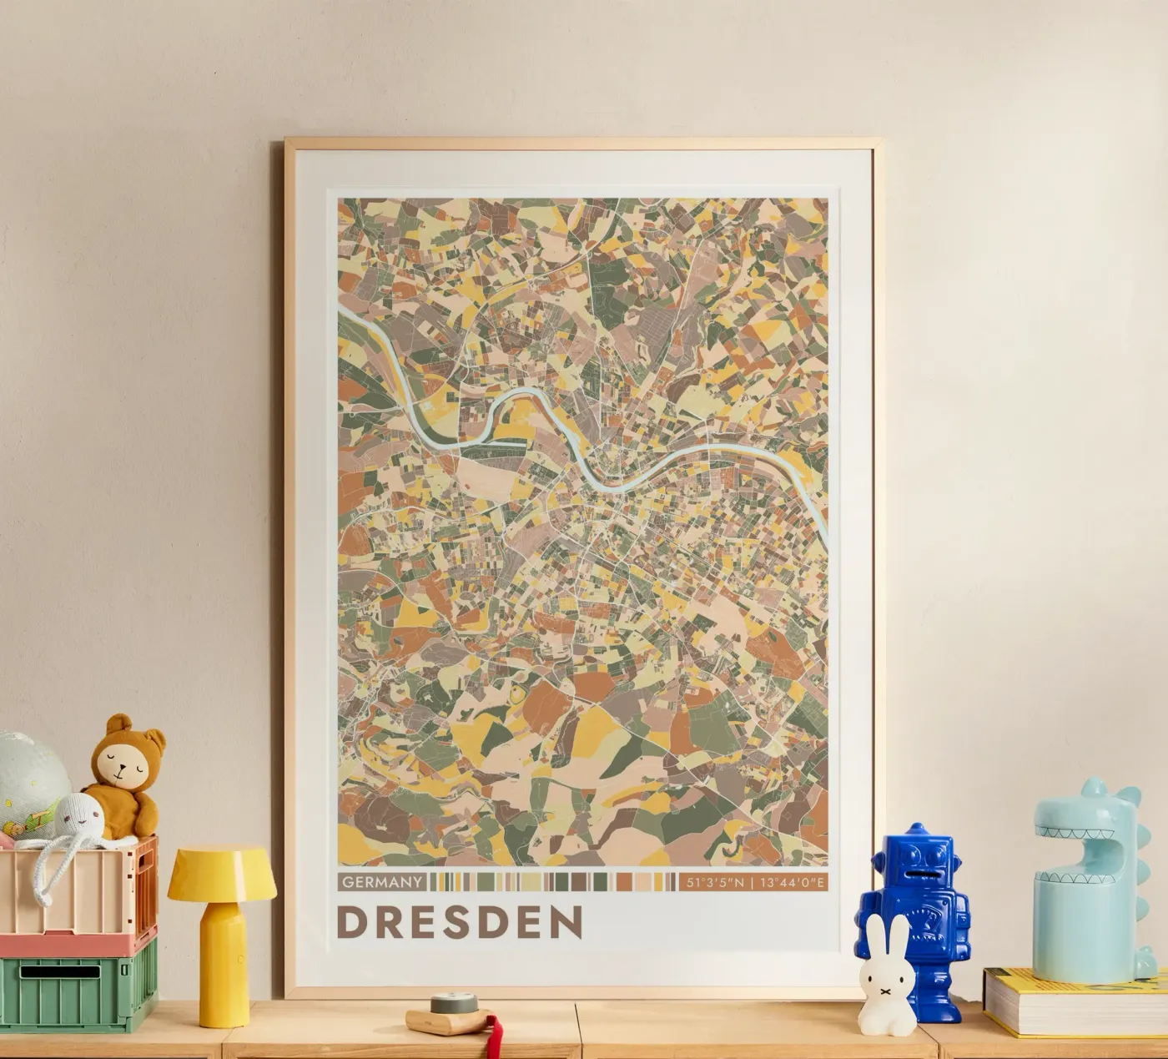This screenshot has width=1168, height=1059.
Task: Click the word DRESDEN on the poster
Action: (460, 921)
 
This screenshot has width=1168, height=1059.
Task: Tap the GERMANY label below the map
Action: (382, 881)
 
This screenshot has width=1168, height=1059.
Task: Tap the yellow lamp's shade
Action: (222, 874)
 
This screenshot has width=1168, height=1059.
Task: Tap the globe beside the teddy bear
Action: (28, 772)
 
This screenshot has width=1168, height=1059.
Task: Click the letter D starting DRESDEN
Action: (352, 922)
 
